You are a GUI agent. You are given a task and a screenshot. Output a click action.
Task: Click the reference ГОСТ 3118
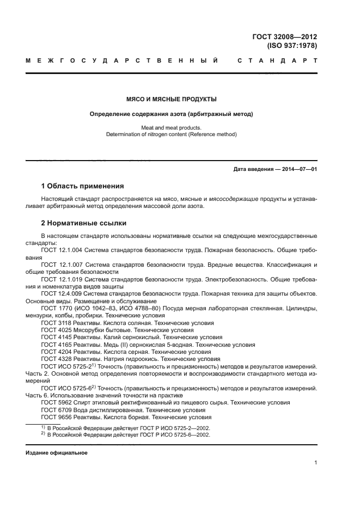click(55, 322)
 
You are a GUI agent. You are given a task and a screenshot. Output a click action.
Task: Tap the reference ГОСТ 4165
click(55, 345)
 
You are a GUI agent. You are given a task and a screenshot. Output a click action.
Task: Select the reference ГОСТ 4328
click(55, 359)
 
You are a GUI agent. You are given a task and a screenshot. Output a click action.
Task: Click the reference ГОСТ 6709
click(55, 410)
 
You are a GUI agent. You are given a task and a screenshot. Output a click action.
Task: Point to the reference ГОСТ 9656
click(55, 418)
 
